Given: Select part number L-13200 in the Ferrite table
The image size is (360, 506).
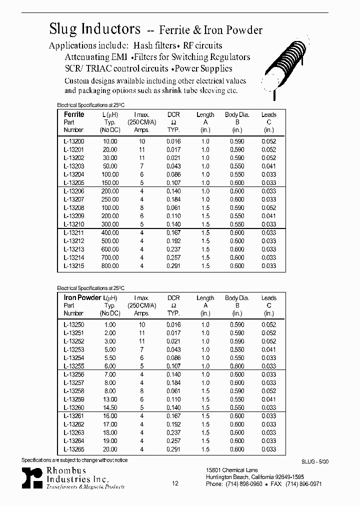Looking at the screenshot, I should pyautogui.click(x=74, y=141).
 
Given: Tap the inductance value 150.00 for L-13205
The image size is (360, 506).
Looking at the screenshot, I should pyautogui.click(x=109, y=183).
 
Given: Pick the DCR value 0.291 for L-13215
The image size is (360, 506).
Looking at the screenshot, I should pyautogui.click(x=173, y=266).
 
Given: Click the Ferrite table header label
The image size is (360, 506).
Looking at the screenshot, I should pyautogui.click(x=74, y=114).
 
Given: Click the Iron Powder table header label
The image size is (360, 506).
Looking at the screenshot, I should pyautogui.click(x=82, y=298).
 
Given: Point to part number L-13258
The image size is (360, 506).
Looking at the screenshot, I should pyautogui.click(x=74, y=391).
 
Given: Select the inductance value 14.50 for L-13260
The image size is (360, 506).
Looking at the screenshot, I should pyautogui.click(x=109, y=407).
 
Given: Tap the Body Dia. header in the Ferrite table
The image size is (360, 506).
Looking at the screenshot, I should pyautogui.click(x=237, y=114).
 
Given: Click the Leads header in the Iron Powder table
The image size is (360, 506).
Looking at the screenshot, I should pyautogui.click(x=269, y=298).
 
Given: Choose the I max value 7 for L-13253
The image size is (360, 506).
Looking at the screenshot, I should pyautogui.click(x=142, y=349).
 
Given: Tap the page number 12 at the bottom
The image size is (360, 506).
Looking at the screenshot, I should pyautogui.click(x=175, y=483).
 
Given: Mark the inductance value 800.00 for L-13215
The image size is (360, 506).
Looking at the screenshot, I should pyautogui.click(x=109, y=266).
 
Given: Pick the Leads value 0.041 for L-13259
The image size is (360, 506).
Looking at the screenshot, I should pyautogui.click(x=269, y=399).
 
